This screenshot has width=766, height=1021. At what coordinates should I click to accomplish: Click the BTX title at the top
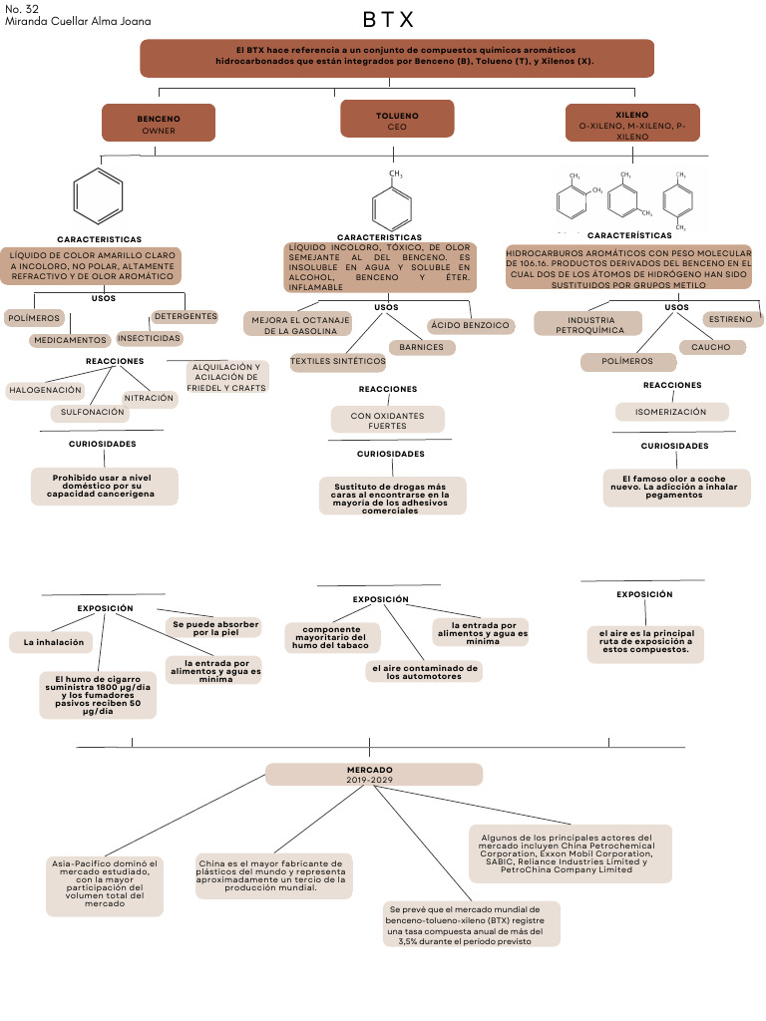pyautogui.click(x=388, y=20)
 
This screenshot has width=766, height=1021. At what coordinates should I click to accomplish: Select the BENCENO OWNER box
pyautogui.click(x=159, y=124)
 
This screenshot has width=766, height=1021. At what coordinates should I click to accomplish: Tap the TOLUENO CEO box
pyautogui.click(x=397, y=121)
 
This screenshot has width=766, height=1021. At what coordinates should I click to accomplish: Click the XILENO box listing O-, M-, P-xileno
pyautogui.click(x=632, y=125)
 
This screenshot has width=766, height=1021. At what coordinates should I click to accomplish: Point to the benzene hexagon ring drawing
pyautogui.click(x=100, y=195)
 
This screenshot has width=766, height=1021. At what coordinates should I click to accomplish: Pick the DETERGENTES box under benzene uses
pyautogui.click(x=185, y=317)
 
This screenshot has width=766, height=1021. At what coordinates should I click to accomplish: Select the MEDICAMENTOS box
pyautogui.click(x=70, y=340)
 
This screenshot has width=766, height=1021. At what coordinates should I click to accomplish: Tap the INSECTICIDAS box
pyautogui.click(x=150, y=338)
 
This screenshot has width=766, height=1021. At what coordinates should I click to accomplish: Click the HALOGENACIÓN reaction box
pyautogui.click(x=46, y=390)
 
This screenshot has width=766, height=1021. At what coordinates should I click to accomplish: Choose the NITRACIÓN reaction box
pyautogui.click(x=150, y=398)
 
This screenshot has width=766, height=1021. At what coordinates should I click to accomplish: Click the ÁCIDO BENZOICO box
pyautogui.click(x=470, y=325)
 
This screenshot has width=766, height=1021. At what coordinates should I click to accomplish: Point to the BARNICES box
pyautogui.click(x=422, y=348)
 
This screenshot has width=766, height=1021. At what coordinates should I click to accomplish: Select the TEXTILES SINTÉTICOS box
pyautogui.click(x=338, y=361)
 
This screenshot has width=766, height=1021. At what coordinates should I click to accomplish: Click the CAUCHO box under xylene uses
pyautogui.click(x=711, y=347)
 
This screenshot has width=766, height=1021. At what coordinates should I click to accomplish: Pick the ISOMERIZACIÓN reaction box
pyautogui.click(x=670, y=412)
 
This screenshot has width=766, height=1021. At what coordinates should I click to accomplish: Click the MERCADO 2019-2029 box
pyautogui.click(x=373, y=775)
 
